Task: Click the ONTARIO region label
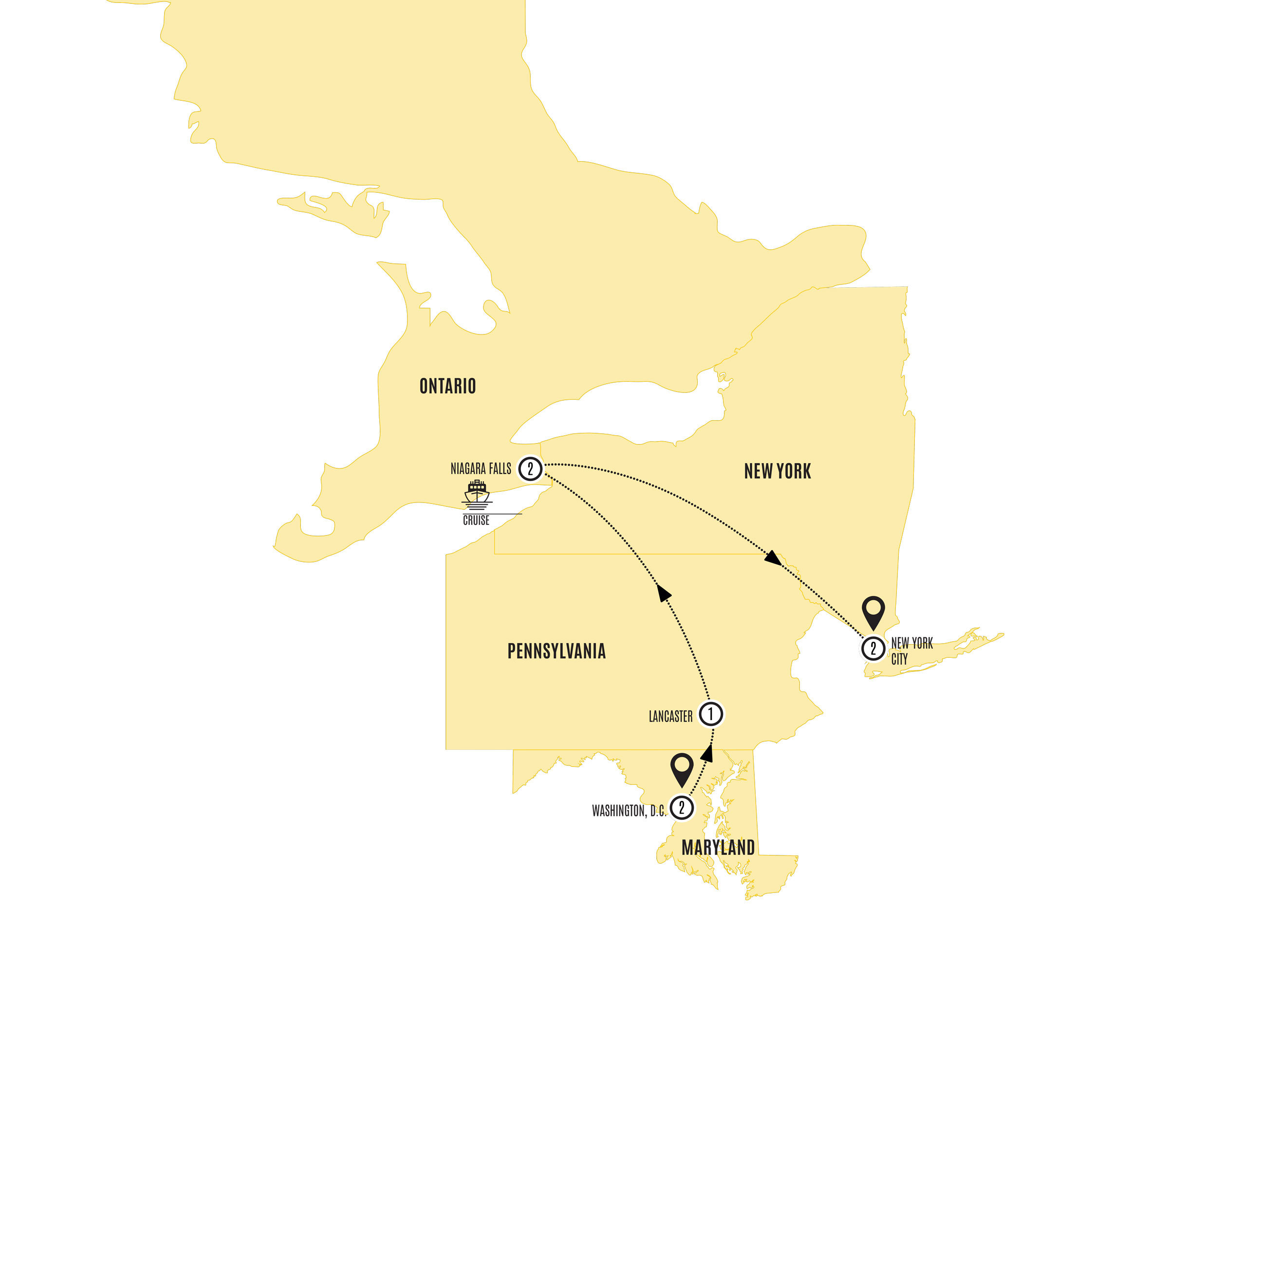tap(447, 386)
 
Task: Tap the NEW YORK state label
tap(778, 471)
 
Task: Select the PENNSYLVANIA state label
tap(557, 651)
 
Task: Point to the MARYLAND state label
tap(718, 848)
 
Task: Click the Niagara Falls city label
tap(481, 469)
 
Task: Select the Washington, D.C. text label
tap(629, 811)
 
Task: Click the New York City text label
tap(911, 650)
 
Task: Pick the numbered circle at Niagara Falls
tap(530, 469)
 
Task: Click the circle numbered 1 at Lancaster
tap(711, 714)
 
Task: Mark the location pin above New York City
tap(873, 612)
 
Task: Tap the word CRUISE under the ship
tap(476, 520)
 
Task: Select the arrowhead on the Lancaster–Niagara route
tap(664, 593)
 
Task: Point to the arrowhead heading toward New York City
tap(773, 558)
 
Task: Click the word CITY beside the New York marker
tap(899, 659)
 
